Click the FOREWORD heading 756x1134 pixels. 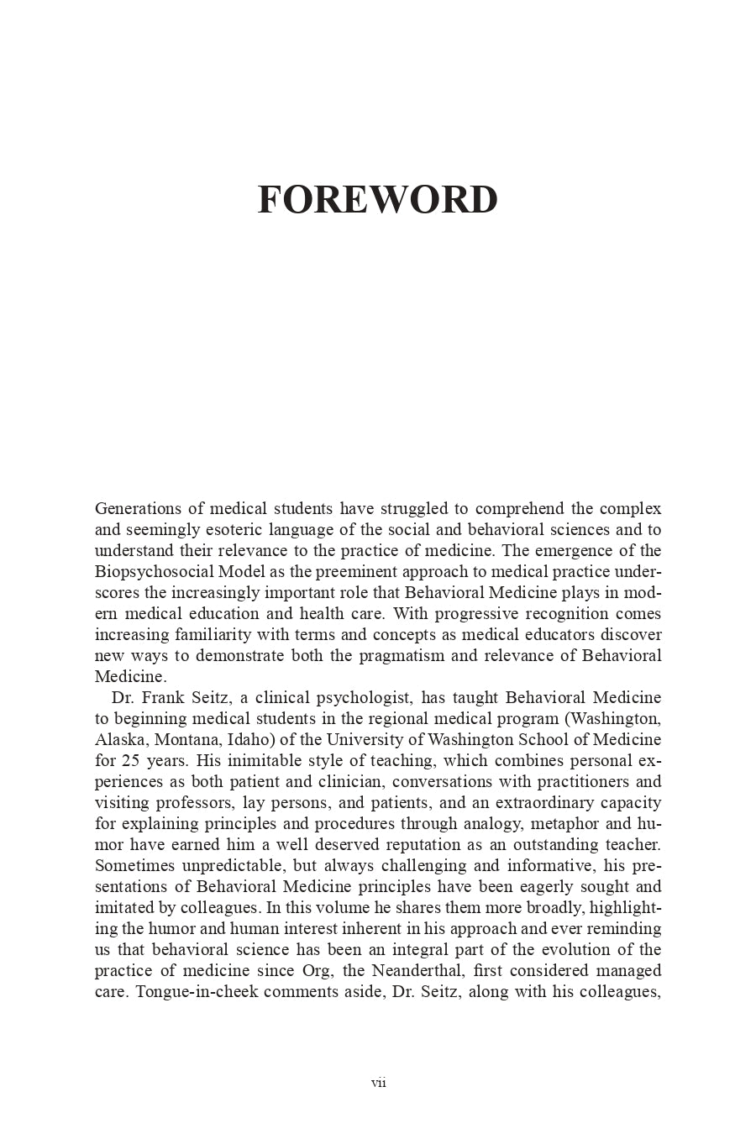(377, 200)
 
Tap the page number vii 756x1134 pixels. (378, 1083)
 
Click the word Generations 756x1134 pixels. (136, 508)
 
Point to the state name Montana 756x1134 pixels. (189, 739)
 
